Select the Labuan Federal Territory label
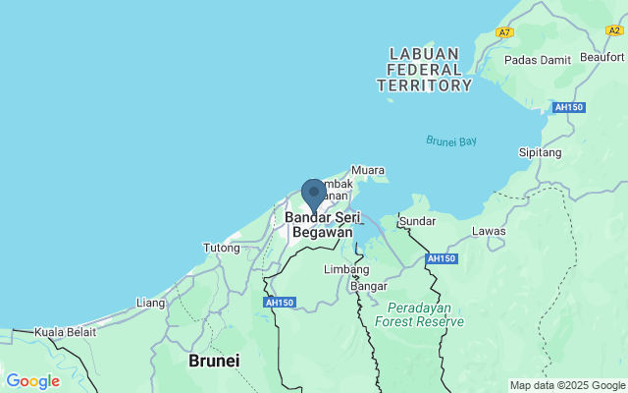tap(425, 70)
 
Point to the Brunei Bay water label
tap(451, 141)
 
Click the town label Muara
tap(368, 170)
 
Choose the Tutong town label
tap(222, 248)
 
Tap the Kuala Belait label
tap(66, 332)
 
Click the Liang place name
tap(150, 302)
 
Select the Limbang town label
tap(346, 268)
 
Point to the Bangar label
tap(369, 286)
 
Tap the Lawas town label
tap(489, 231)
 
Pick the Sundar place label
tap(417, 221)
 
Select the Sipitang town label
tap(539, 153)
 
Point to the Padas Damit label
tap(537, 60)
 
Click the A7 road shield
tap(504, 32)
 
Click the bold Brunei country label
tap(213, 361)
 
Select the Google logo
tap(32, 381)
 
